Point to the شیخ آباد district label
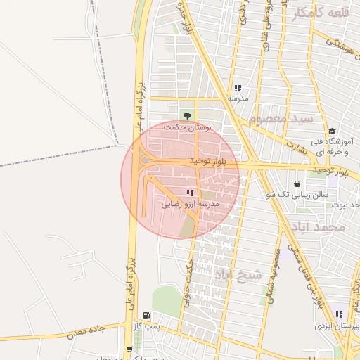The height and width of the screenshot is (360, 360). click(238, 274)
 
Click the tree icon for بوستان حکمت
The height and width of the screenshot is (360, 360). click(187, 116)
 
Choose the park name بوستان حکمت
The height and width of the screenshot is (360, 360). click(187, 128)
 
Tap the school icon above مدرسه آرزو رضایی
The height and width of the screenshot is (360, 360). click(189, 193)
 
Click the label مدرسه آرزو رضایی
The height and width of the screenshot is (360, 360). click(191, 204)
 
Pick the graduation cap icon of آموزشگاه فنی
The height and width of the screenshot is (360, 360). click(330, 131)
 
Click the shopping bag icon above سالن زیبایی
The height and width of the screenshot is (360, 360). click(297, 184)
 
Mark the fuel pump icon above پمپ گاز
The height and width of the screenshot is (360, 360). click(146, 315)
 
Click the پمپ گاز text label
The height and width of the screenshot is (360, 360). click(147, 326)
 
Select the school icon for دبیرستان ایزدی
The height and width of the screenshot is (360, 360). click(340, 315)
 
